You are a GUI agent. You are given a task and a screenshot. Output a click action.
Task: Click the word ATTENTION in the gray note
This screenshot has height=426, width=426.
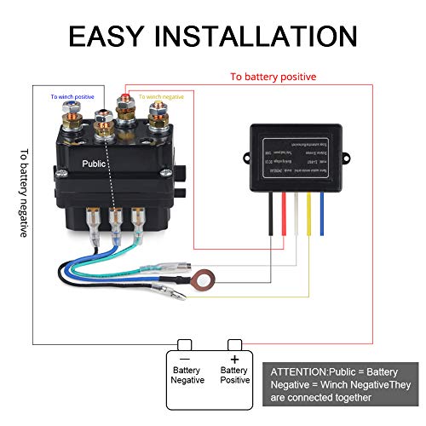coord(298,372)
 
